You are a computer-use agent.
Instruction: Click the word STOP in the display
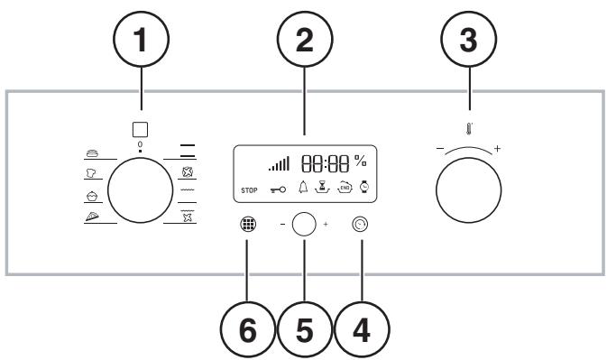click(x=248, y=190)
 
